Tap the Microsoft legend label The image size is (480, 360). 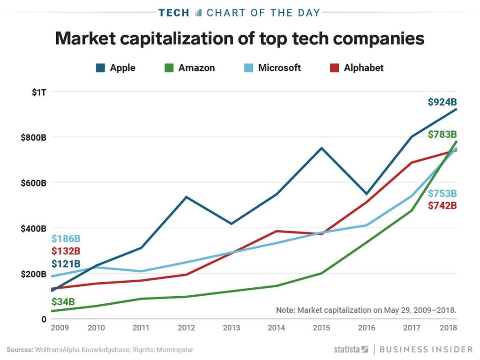point(279,68)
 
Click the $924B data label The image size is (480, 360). point(442,102)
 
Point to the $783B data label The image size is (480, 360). point(442,135)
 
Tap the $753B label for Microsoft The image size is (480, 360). point(442,194)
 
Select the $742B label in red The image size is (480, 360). point(442,205)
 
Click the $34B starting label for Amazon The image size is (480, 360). point(63,301)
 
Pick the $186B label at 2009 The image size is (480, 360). point(66,239)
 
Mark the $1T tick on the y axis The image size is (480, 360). point(39,92)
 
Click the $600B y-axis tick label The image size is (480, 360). point(33,183)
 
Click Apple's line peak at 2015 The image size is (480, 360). point(322,148)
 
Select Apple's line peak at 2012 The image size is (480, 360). point(187,197)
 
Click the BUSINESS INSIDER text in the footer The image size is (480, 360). point(426,349)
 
